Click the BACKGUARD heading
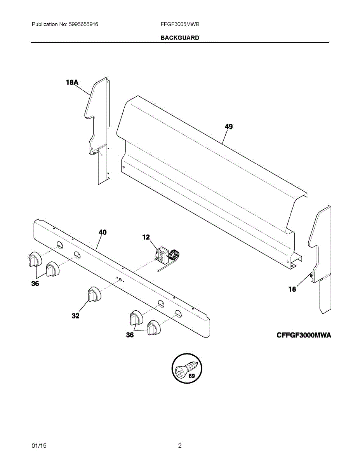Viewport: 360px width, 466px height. pyautogui.click(x=180, y=38)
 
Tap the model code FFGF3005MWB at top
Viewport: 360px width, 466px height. pyautogui.click(x=180, y=24)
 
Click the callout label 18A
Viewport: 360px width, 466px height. pyautogui.click(x=72, y=82)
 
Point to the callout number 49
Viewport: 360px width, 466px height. pyautogui.click(x=229, y=127)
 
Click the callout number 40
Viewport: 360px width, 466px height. pyautogui.click(x=103, y=232)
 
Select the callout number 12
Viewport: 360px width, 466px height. pyautogui.click(x=146, y=237)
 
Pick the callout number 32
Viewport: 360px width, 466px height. pyautogui.click(x=75, y=316)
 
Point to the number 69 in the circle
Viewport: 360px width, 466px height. pyautogui.click(x=191, y=376)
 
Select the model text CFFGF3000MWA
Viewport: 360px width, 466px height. pyautogui.click(x=304, y=336)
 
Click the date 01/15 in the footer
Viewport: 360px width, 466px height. pyautogui.click(x=39, y=446)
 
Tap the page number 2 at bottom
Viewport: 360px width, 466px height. pyautogui.click(x=180, y=446)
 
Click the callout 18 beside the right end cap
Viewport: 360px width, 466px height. pyautogui.click(x=292, y=289)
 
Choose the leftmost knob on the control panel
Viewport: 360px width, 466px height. pyautogui.click(x=34, y=259)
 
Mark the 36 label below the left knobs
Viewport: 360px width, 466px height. pyautogui.click(x=35, y=284)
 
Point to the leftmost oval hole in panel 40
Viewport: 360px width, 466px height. pyautogui.click(x=59, y=245)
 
